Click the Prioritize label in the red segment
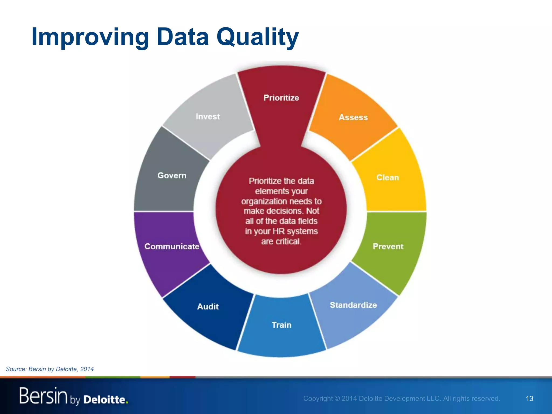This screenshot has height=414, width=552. [281, 98]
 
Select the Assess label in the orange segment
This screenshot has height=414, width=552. [353, 117]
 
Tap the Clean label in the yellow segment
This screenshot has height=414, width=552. [388, 177]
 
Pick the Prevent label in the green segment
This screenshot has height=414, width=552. [388, 246]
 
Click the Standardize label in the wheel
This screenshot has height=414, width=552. [353, 305]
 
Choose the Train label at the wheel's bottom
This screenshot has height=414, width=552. [281, 325]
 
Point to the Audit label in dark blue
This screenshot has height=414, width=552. [208, 306]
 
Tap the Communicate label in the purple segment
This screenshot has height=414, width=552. [172, 246]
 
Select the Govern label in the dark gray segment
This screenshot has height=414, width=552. [172, 175]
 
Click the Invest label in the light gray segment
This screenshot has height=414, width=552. [208, 116]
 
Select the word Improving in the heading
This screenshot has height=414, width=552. [90, 37]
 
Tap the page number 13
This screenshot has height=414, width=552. [529, 398]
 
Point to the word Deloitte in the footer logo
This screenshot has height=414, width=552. [105, 399]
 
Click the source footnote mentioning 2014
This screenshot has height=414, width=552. [50, 369]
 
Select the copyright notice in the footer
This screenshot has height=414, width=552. [402, 398]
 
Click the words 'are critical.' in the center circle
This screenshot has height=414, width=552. [281, 241]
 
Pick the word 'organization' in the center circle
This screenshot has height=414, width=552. [264, 201]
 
